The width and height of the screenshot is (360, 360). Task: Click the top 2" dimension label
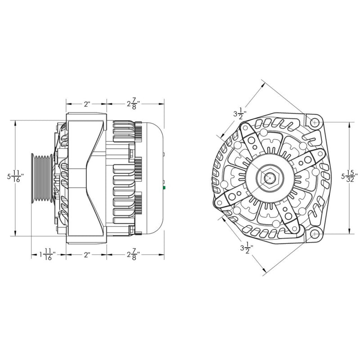click(x=87, y=104)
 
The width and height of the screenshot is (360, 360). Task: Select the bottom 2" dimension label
click(x=87, y=255)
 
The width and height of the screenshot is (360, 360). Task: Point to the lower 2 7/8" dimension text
click(x=133, y=255)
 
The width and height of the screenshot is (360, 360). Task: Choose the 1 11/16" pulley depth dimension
click(x=47, y=255)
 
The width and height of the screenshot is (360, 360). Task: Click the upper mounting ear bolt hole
click(x=315, y=121)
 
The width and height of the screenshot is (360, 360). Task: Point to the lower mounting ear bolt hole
click(x=315, y=234)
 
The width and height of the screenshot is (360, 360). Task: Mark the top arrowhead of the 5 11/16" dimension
click(x=16, y=122)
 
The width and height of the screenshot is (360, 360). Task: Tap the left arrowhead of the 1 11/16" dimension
click(x=32, y=255)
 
